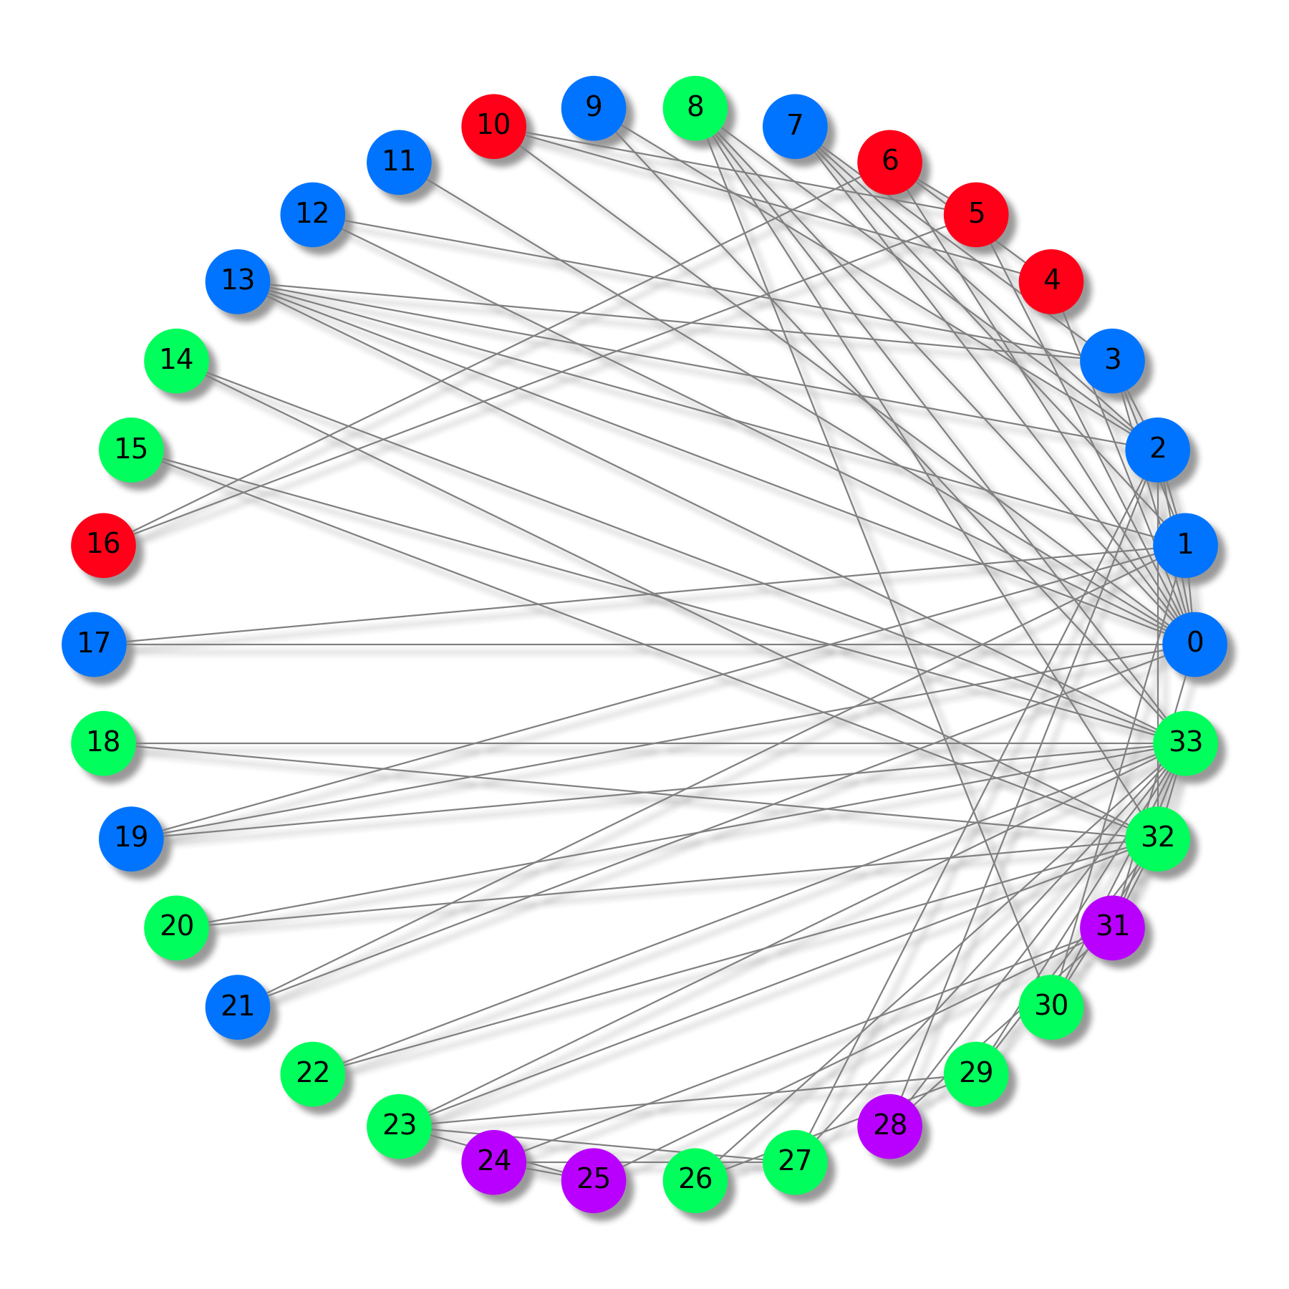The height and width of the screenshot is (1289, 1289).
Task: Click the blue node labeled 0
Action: click(1194, 644)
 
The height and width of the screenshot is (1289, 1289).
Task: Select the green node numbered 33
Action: click(1185, 743)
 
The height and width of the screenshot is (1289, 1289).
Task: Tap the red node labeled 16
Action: click(103, 545)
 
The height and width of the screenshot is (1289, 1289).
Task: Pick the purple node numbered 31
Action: click(1112, 927)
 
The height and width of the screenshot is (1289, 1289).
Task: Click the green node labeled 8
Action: click(695, 108)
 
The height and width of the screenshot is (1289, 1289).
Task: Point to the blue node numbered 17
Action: click(94, 644)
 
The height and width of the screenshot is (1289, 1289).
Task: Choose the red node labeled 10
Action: click(493, 126)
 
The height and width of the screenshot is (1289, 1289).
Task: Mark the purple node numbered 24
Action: click(493, 1162)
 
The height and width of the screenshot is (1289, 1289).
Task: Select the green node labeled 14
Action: click(176, 360)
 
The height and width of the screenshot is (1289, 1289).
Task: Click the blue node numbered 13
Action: click(238, 281)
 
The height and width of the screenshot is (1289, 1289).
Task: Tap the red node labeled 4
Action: click(1051, 281)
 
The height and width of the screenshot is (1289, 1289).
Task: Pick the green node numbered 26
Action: click(695, 1179)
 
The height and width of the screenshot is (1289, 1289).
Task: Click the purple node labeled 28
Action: click(889, 1126)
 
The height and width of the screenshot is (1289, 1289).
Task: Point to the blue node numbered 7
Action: click(795, 126)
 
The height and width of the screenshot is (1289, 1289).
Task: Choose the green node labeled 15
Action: click(131, 450)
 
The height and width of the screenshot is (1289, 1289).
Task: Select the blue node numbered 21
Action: click(238, 1007)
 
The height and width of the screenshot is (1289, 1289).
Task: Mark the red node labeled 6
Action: click(889, 162)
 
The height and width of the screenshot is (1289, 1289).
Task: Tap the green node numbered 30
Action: click(1051, 1007)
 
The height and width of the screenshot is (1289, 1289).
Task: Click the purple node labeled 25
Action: click(593, 1179)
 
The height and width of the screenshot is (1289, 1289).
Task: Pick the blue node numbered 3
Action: click(1112, 360)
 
